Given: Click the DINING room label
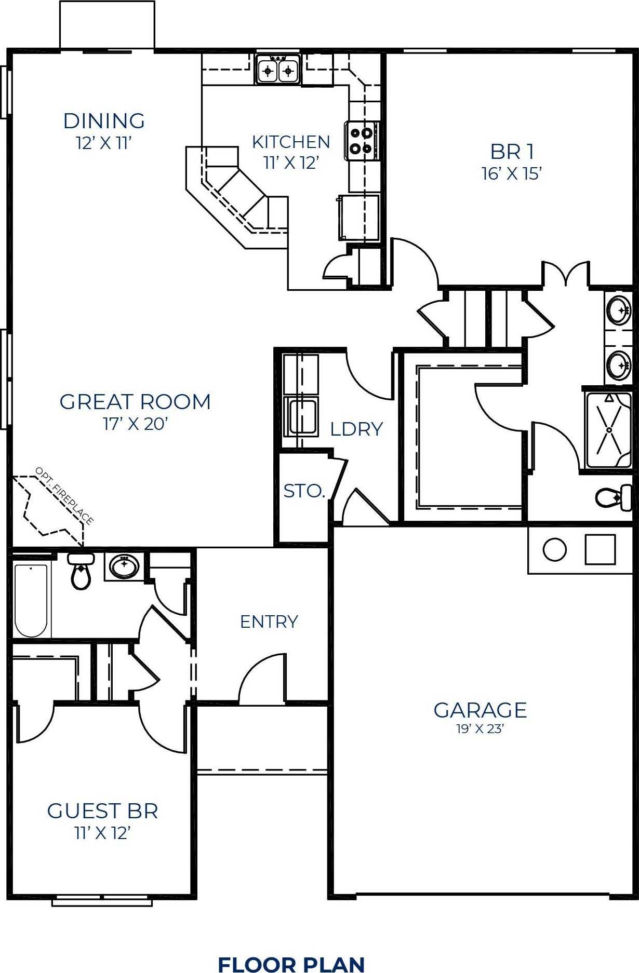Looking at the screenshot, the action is click(104, 121).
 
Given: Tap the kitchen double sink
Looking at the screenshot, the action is click(278, 69).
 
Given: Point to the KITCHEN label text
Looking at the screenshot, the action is click(291, 142).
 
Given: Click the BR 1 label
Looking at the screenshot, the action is click(512, 152).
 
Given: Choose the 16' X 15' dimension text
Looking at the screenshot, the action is click(512, 173).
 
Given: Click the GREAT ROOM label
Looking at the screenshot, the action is click(135, 402).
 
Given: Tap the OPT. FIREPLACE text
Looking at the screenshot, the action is click(64, 496).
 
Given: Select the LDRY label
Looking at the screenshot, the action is click(356, 429).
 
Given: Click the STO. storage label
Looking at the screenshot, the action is click(304, 491).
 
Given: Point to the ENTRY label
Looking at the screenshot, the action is click(269, 621).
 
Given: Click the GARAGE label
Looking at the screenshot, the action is click(481, 710).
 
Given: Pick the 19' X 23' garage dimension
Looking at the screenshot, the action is click(481, 729).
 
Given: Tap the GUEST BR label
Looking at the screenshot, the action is click(102, 811).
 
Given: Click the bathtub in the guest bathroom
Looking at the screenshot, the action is click(31, 600).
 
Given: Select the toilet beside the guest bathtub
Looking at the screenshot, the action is click(81, 571).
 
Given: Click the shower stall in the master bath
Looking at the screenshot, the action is click(608, 430).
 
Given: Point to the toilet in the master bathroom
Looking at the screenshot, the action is click(614, 497).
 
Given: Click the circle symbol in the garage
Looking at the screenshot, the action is click(554, 549).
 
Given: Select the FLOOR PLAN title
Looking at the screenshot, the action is click(291, 964).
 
